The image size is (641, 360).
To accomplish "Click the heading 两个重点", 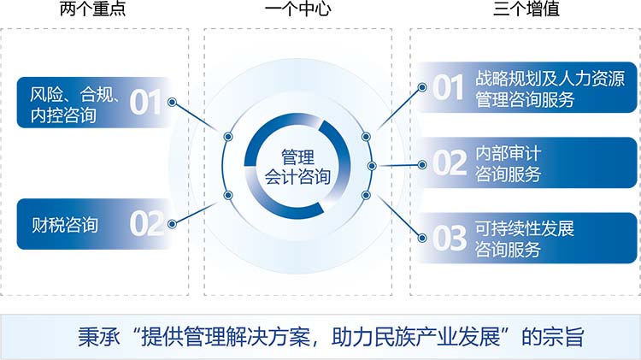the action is tap(93, 9).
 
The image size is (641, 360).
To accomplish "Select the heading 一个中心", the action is tap(297, 9).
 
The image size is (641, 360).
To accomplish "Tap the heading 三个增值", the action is tap(526, 9).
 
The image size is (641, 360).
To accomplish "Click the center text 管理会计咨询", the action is tap(297, 167).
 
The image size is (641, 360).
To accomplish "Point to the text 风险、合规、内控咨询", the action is tap(75, 105).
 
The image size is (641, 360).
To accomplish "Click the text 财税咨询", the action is tap(65, 225).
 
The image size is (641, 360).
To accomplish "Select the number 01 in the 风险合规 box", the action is tap(145, 103).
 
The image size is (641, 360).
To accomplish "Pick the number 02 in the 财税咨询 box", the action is tap(147, 223).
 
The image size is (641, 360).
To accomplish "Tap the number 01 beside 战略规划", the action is tap(449, 87).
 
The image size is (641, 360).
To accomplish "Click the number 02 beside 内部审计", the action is tap(450, 162).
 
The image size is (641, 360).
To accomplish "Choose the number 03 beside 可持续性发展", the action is tap(450, 238).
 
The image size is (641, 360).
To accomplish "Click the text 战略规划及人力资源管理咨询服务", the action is tap(550, 89).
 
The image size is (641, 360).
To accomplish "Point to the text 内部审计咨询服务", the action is tap(509, 164).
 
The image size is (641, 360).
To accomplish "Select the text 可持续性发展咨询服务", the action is tap(525, 239).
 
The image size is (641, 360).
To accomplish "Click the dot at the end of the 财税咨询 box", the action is tap(172, 224).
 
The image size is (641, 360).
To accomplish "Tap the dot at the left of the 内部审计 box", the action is tap(422, 165).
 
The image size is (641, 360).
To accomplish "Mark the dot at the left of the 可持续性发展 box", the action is tap(422, 238).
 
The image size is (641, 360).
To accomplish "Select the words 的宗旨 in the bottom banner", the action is tap(553, 337).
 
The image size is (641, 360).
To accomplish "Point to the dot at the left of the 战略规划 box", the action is tap(422, 87).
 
